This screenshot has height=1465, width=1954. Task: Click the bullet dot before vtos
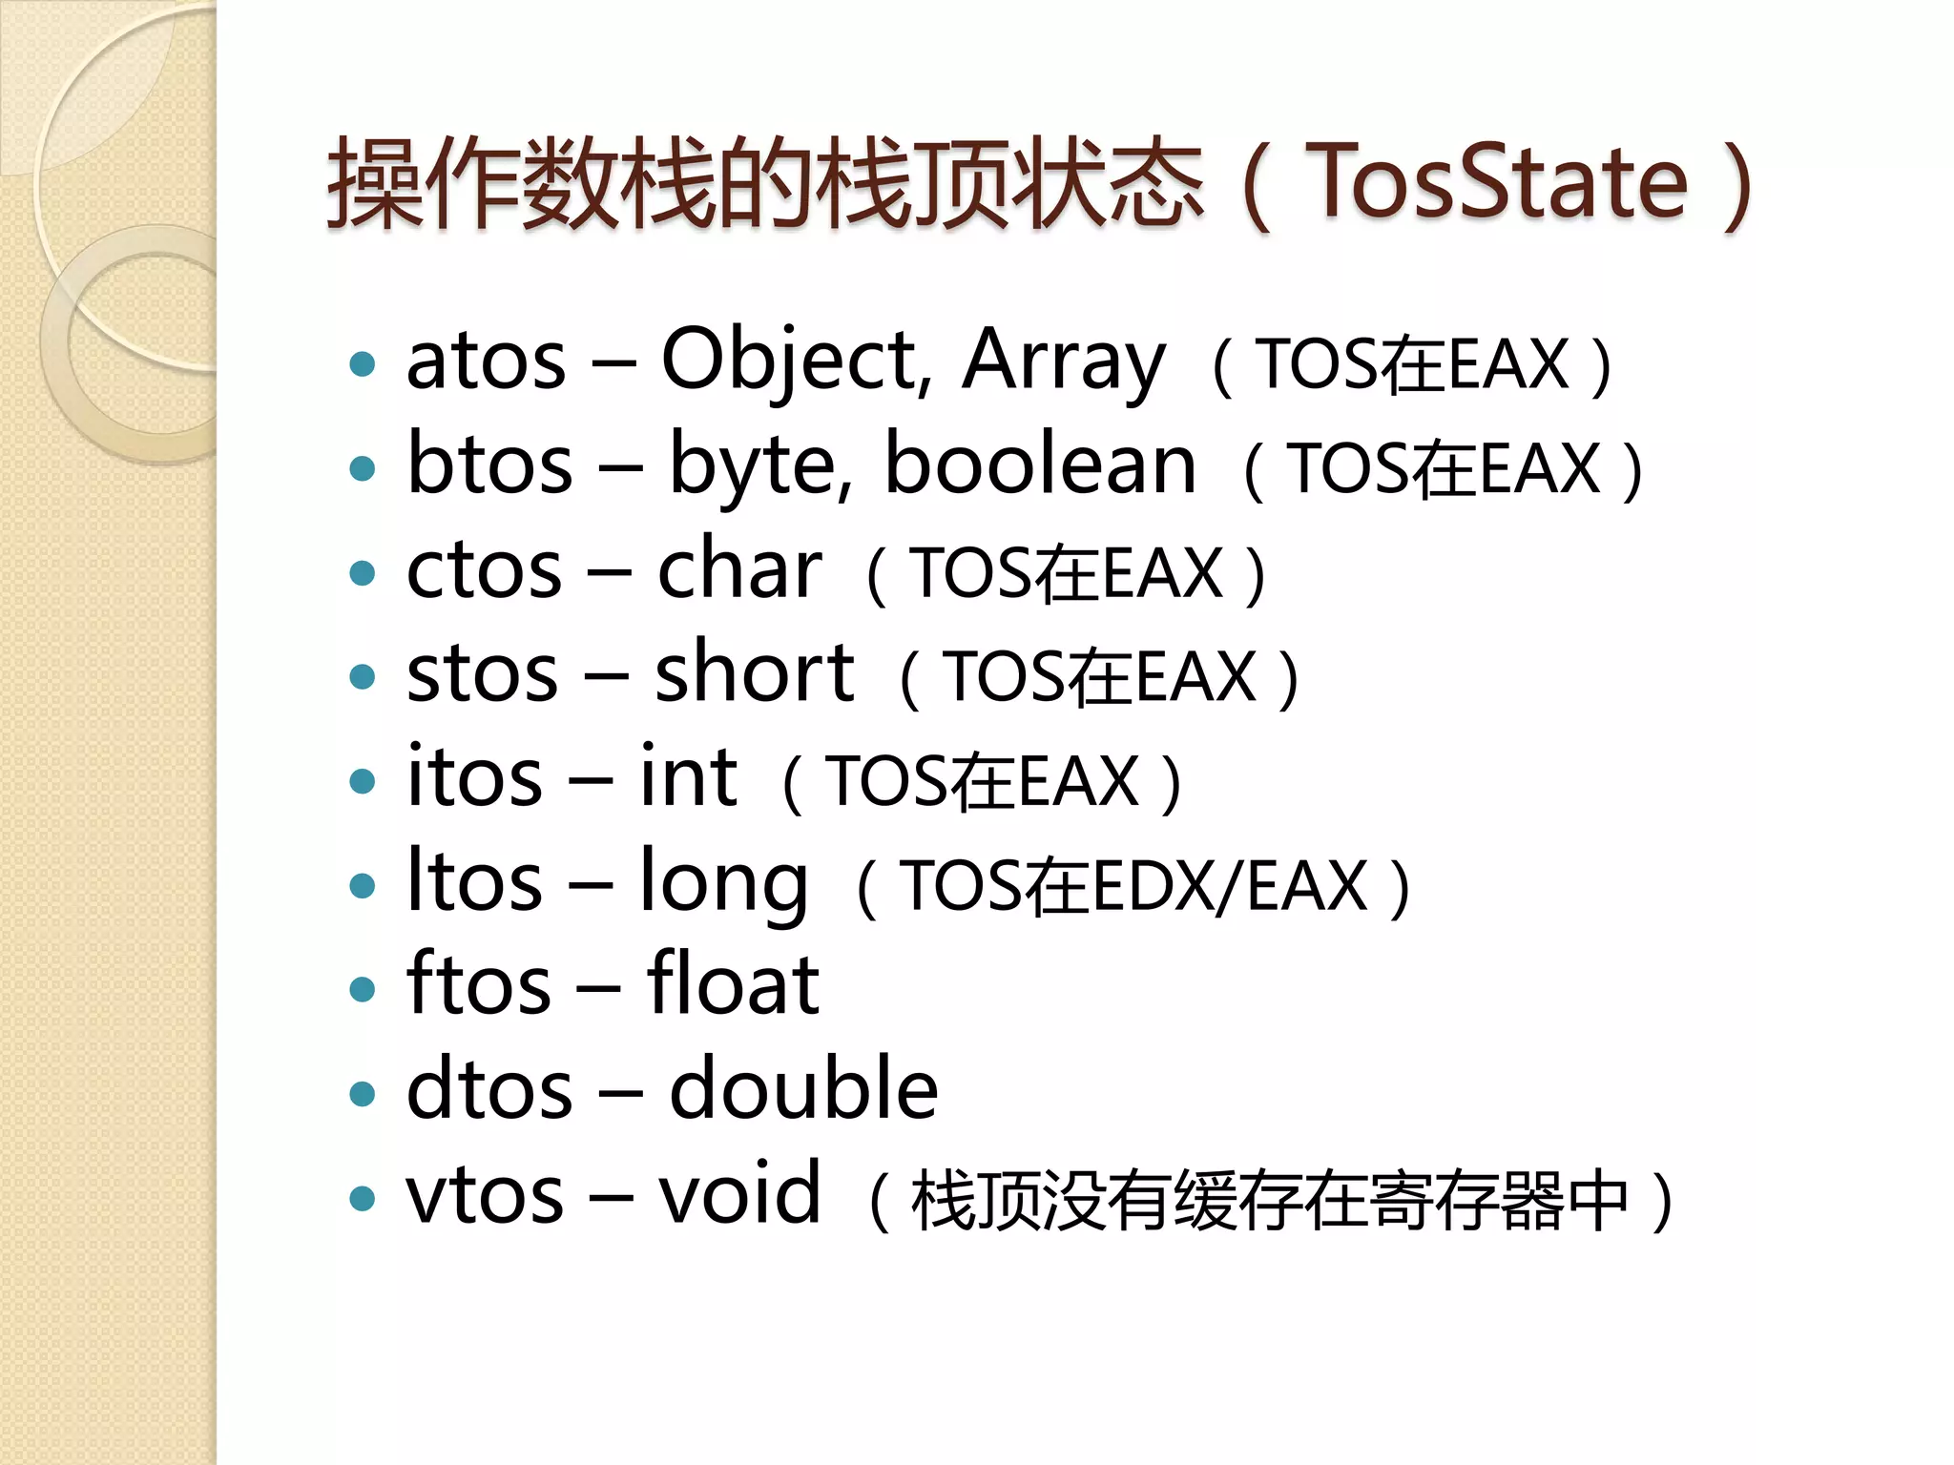(363, 1198)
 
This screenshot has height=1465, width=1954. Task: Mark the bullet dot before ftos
(363, 989)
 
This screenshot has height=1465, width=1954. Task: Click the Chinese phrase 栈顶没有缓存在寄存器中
(1269, 1200)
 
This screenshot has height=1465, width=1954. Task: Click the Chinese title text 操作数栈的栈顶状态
(763, 183)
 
